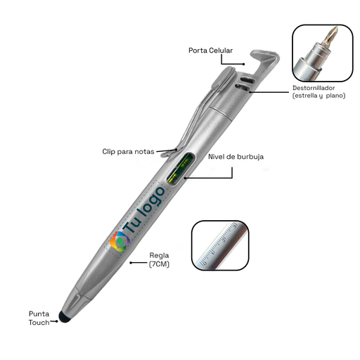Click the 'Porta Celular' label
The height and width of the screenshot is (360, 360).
(x=210, y=51)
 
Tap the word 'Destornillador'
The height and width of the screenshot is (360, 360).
(x=314, y=88)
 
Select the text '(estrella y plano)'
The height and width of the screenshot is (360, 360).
(x=319, y=96)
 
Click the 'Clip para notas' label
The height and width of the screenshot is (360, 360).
(x=128, y=152)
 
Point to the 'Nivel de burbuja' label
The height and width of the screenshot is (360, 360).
(x=236, y=157)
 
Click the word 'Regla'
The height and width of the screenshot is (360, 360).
(x=159, y=256)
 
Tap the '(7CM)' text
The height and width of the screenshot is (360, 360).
(x=159, y=264)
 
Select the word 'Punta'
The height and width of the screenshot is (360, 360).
(x=39, y=314)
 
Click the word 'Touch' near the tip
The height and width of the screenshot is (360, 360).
(x=39, y=323)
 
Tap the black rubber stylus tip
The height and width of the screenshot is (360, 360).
(x=65, y=317)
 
